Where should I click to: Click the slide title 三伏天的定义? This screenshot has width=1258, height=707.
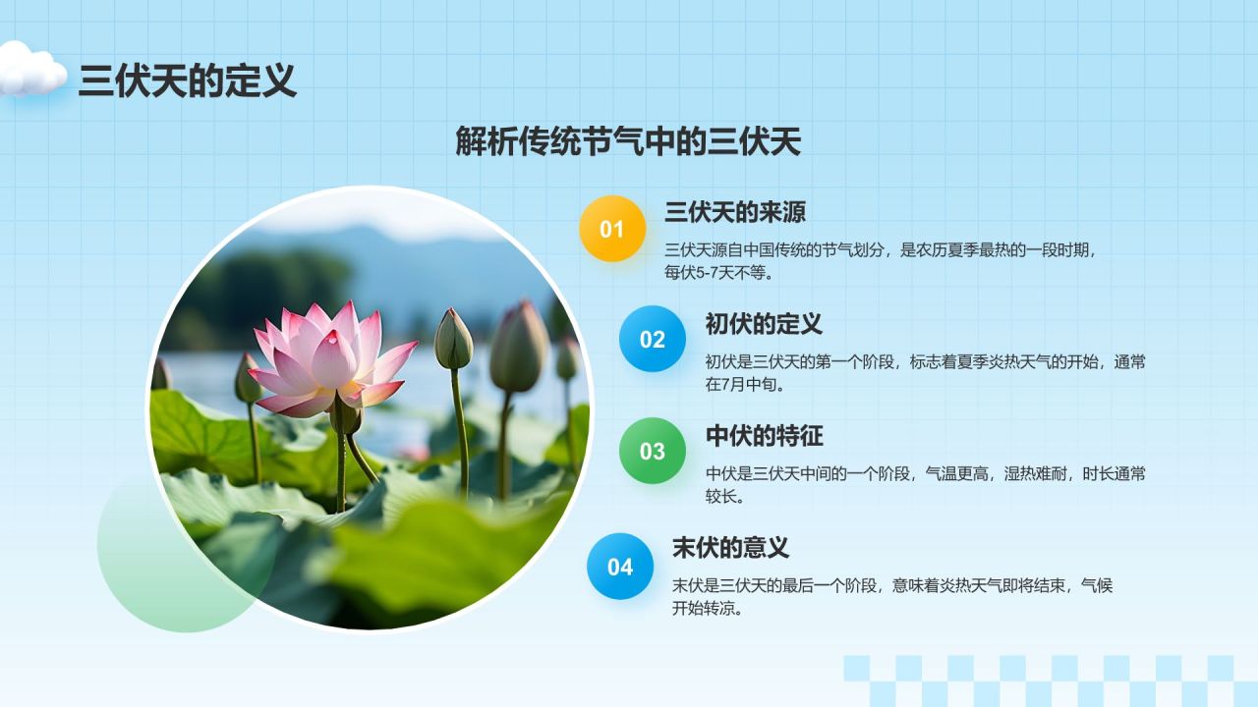(187, 81)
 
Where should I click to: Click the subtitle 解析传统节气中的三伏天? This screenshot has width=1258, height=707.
(628, 141)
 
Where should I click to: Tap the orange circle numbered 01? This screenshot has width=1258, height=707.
(612, 229)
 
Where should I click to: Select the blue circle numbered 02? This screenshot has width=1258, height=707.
(652, 339)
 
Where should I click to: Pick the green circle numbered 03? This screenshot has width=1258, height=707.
(652, 451)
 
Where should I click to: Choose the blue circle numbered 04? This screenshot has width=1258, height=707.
(620, 567)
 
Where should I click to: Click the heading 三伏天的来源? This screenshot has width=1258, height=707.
(734, 212)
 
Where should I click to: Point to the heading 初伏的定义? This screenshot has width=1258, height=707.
(764, 324)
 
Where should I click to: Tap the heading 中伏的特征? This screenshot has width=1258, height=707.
(764, 436)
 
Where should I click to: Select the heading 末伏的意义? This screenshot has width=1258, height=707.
(730, 548)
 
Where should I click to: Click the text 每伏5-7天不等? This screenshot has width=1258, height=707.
(715, 273)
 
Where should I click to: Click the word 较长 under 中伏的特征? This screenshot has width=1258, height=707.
(721, 497)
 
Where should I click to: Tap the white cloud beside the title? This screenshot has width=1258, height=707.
(32, 69)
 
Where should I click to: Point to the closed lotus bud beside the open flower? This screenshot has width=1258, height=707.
(453, 339)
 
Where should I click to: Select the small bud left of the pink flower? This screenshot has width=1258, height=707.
(247, 378)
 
